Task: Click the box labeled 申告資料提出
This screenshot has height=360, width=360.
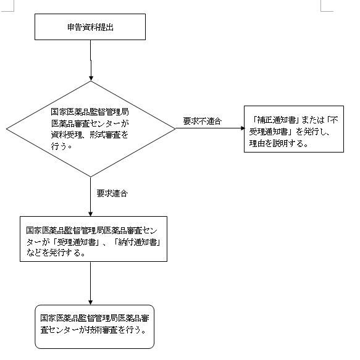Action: [90, 27]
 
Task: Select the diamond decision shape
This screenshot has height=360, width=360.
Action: [91, 129]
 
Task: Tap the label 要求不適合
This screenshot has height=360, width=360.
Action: [203, 121]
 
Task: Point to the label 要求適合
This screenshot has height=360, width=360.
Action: [112, 193]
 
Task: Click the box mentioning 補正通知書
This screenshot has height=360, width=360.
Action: [294, 129]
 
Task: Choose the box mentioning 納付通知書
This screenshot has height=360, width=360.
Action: [93, 239]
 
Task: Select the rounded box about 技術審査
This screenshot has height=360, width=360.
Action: [94, 327]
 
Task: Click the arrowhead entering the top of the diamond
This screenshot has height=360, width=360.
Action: [91, 78]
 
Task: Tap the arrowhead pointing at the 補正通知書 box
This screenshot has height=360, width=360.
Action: [243, 128]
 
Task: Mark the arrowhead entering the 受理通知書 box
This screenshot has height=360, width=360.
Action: [90, 214]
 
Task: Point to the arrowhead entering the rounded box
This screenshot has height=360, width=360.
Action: [90, 302]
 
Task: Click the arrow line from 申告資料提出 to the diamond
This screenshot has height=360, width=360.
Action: [91, 61]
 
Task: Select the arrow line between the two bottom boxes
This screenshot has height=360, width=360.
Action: [90, 283]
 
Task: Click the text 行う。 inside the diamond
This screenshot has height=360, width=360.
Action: [61, 146]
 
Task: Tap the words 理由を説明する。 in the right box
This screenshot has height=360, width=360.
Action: [278, 143]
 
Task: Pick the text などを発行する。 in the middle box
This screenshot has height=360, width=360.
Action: [56, 253]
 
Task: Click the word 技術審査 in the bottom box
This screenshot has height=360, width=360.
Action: [103, 330]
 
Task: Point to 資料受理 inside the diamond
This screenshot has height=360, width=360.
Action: [66, 135]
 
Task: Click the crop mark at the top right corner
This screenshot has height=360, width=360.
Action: [321, 10]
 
